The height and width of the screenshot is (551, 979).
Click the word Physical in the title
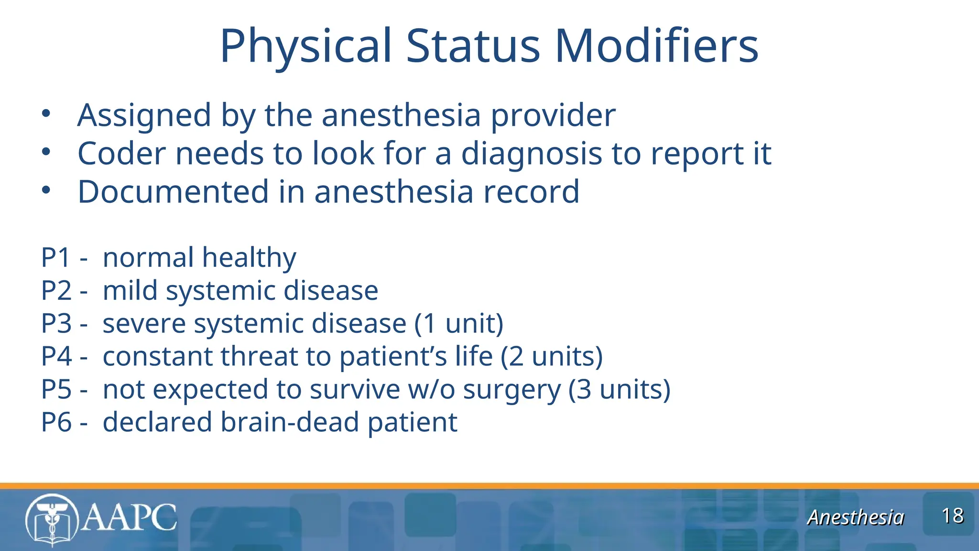pos(306,46)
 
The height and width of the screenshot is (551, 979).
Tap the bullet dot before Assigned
pos(46,114)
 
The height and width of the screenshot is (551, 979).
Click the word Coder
pos(122,154)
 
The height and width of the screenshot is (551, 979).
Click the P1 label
pos(56,258)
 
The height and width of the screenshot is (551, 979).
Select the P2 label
pos(56,291)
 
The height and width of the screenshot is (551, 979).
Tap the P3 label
pos(56,324)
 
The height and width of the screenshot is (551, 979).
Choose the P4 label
pos(56,357)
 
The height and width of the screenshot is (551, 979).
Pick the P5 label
pos(56,390)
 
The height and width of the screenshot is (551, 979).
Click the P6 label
pos(56,423)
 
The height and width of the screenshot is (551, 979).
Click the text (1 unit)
pos(459,324)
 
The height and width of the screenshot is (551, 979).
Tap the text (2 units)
pos(552,357)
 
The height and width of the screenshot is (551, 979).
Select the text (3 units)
pos(620,390)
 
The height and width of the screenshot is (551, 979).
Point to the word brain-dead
pos(290,423)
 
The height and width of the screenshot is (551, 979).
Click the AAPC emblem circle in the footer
pos(52,519)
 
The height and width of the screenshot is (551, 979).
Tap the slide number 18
pos(952,516)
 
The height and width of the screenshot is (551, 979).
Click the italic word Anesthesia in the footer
pos(855,518)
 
